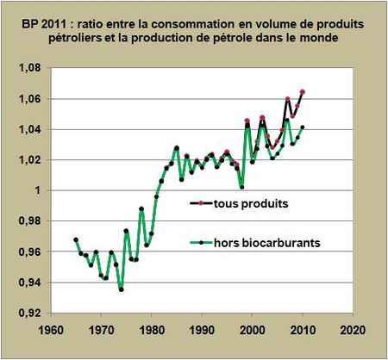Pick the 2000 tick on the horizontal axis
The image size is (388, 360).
[x=253, y=329]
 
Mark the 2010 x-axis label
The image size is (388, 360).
[x=303, y=329]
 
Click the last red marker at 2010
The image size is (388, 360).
[x=303, y=92]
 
